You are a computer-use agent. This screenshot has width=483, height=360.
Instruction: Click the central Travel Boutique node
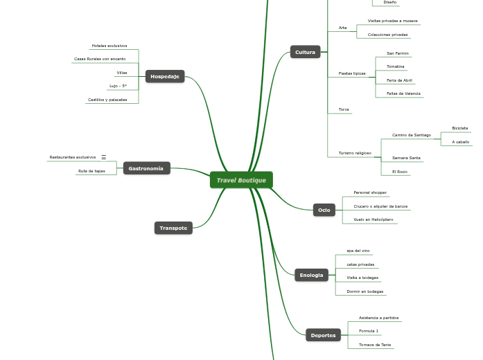click(241, 180)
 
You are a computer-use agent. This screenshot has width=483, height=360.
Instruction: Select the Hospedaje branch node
click(165, 76)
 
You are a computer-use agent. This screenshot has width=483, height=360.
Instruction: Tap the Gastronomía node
click(146, 168)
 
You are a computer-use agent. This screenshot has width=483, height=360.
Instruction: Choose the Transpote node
click(173, 228)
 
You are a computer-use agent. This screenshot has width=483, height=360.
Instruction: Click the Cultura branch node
click(305, 52)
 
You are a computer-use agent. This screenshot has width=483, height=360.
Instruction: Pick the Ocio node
click(324, 210)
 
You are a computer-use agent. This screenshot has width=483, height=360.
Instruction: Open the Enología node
click(311, 275)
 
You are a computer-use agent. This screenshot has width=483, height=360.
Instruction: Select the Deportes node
click(323, 335)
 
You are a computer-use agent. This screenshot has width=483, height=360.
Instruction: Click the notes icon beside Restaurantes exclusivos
click(104, 157)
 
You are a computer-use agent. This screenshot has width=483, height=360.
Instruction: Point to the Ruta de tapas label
click(91, 171)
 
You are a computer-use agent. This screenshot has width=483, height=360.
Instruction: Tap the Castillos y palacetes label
click(107, 100)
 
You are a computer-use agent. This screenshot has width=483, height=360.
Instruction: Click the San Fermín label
click(398, 53)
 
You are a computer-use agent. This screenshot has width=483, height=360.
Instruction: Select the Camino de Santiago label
click(411, 135)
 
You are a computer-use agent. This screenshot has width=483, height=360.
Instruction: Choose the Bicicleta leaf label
click(459, 128)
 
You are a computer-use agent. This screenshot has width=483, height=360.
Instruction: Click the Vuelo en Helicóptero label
click(373, 219)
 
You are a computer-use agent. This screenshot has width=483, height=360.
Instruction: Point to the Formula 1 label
click(369, 331)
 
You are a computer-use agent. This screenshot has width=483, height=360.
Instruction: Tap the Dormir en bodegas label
click(365, 291)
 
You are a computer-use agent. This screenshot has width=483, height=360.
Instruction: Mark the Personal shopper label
click(370, 192)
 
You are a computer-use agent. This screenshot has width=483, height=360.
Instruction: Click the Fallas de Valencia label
click(403, 93)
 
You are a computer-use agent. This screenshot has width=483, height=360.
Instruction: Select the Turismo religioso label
click(355, 153)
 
